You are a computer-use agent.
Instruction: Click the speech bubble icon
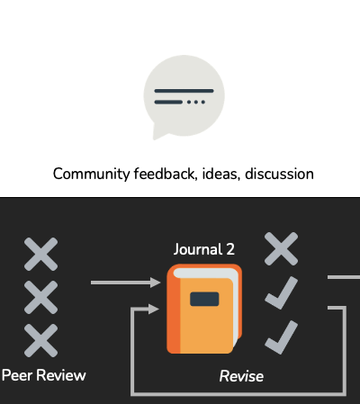click(184, 96)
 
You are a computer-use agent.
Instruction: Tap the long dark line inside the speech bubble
click(184, 91)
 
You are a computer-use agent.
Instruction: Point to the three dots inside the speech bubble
click(196, 102)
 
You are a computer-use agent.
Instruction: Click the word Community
click(91, 174)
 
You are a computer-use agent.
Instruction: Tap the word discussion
click(279, 174)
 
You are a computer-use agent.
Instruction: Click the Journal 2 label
click(204, 249)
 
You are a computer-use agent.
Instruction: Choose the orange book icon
click(204, 309)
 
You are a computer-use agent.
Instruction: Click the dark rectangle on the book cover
click(204, 299)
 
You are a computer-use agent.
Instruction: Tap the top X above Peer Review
click(40, 254)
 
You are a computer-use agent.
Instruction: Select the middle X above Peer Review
click(40, 297)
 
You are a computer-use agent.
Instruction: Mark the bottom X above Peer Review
click(40, 340)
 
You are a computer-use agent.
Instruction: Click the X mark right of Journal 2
click(281, 248)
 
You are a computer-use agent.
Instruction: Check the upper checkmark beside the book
click(282, 293)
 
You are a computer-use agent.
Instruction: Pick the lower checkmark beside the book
click(282, 337)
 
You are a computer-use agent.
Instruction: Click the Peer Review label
click(44, 375)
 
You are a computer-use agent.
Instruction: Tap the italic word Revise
click(241, 376)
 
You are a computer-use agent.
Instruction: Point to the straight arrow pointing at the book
click(126, 283)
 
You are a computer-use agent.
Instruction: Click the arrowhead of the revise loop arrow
click(154, 309)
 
